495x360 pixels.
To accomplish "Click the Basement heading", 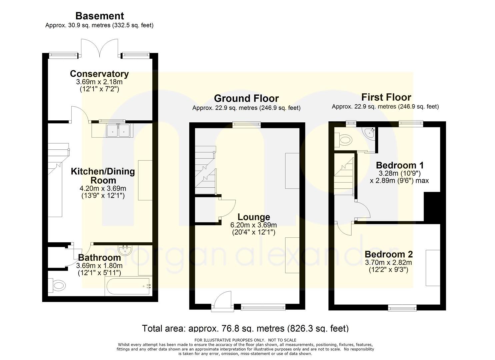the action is point(100,16).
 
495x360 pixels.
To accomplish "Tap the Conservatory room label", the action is point(99,74).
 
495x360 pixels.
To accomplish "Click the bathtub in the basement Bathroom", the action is point(129,286).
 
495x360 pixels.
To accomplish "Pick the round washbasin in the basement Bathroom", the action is point(125,250).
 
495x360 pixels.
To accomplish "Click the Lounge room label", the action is point(254,217).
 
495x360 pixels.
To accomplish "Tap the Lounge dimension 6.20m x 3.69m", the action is point(254,225).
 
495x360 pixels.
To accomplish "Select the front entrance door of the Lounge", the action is point(223,301).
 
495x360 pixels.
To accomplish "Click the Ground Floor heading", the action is point(246,98).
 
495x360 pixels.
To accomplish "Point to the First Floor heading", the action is point(386,97).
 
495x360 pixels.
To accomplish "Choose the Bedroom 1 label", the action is point(400,165).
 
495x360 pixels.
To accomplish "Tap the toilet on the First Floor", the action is point(343,140).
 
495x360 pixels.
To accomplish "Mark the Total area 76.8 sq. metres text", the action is point(245,328).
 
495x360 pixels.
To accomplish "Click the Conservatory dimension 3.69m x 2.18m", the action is point(99,82).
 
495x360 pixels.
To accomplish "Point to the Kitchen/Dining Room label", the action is point(103,176).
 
